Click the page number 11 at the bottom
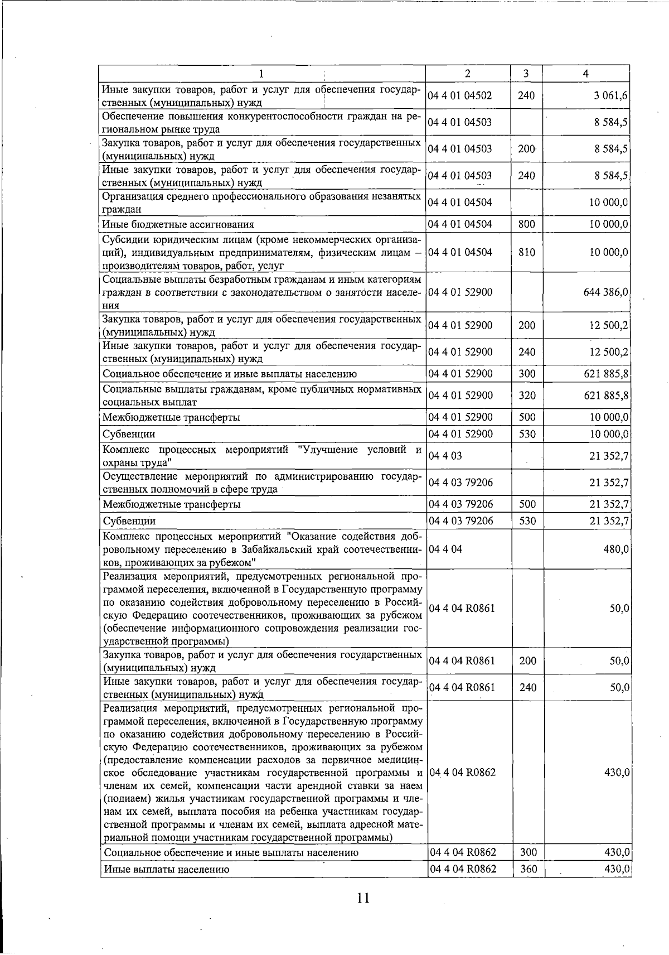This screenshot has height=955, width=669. (x=363, y=898)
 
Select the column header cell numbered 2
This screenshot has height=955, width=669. (x=467, y=73)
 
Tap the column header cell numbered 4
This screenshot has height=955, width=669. (x=585, y=73)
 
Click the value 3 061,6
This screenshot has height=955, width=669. (x=611, y=96)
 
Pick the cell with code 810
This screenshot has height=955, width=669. (x=526, y=252)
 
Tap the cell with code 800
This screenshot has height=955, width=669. (x=526, y=224)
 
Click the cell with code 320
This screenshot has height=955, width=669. (x=526, y=395)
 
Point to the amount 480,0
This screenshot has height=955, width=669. (x=617, y=549)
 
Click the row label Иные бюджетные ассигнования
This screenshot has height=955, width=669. (x=178, y=225)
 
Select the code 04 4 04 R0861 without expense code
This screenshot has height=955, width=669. (x=462, y=608)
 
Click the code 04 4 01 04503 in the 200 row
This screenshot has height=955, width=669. (x=460, y=149)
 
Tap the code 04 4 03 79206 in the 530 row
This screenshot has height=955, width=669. (x=460, y=521)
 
